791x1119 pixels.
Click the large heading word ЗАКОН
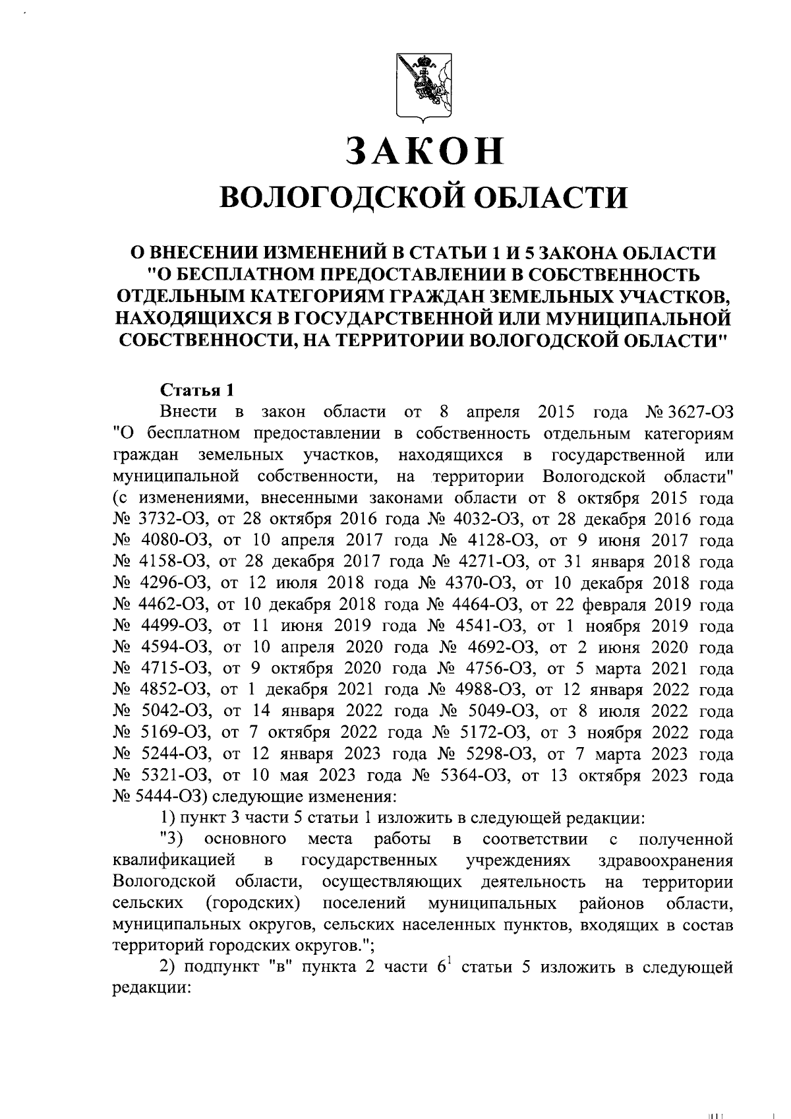[x=426, y=150]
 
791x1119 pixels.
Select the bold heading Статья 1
[x=197, y=390]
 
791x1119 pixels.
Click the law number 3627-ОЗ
[x=701, y=412]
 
